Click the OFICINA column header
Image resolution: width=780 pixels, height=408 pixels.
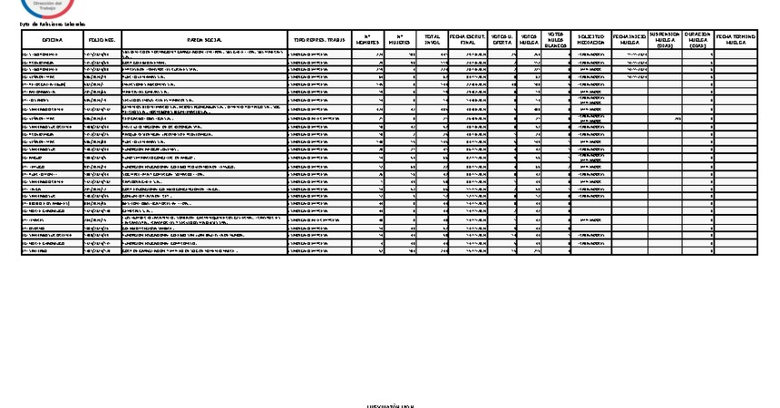pyautogui.click(x=52, y=41)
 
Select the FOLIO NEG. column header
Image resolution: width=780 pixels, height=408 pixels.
pyautogui.click(x=102, y=41)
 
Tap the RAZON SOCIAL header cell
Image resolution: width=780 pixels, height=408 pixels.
pyautogui.click(x=204, y=41)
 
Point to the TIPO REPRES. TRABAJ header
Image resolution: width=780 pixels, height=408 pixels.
pyautogui.click(x=319, y=41)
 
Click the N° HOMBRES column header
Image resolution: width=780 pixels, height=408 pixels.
pyautogui.click(x=367, y=41)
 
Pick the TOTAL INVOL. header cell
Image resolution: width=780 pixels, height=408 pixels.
pyautogui.click(x=432, y=41)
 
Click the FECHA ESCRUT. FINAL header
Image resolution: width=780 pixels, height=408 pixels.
pyautogui.click(x=467, y=41)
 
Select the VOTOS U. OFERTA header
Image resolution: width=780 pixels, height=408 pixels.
pyautogui.click(x=502, y=41)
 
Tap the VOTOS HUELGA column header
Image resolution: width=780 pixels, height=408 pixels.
pyautogui.click(x=530, y=41)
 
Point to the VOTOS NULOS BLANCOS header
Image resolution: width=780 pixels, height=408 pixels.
pyautogui.click(x=557, y=41)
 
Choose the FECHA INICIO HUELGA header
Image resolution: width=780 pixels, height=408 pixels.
pyautogui.click(x=630, y=41)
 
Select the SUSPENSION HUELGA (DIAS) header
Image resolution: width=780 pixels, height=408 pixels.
pyautogui.click(x=664, y=41)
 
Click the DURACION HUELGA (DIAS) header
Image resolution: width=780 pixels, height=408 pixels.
pyautogui.click(x=697, y=41)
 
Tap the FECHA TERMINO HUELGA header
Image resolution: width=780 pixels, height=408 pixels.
pyautogui.click(x=736, y=41)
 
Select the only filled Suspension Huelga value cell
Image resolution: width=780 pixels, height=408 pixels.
pyautogui.click(x=664, y=118)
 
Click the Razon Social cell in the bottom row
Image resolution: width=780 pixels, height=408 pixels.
pyautogui.click(x=204, y=251)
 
